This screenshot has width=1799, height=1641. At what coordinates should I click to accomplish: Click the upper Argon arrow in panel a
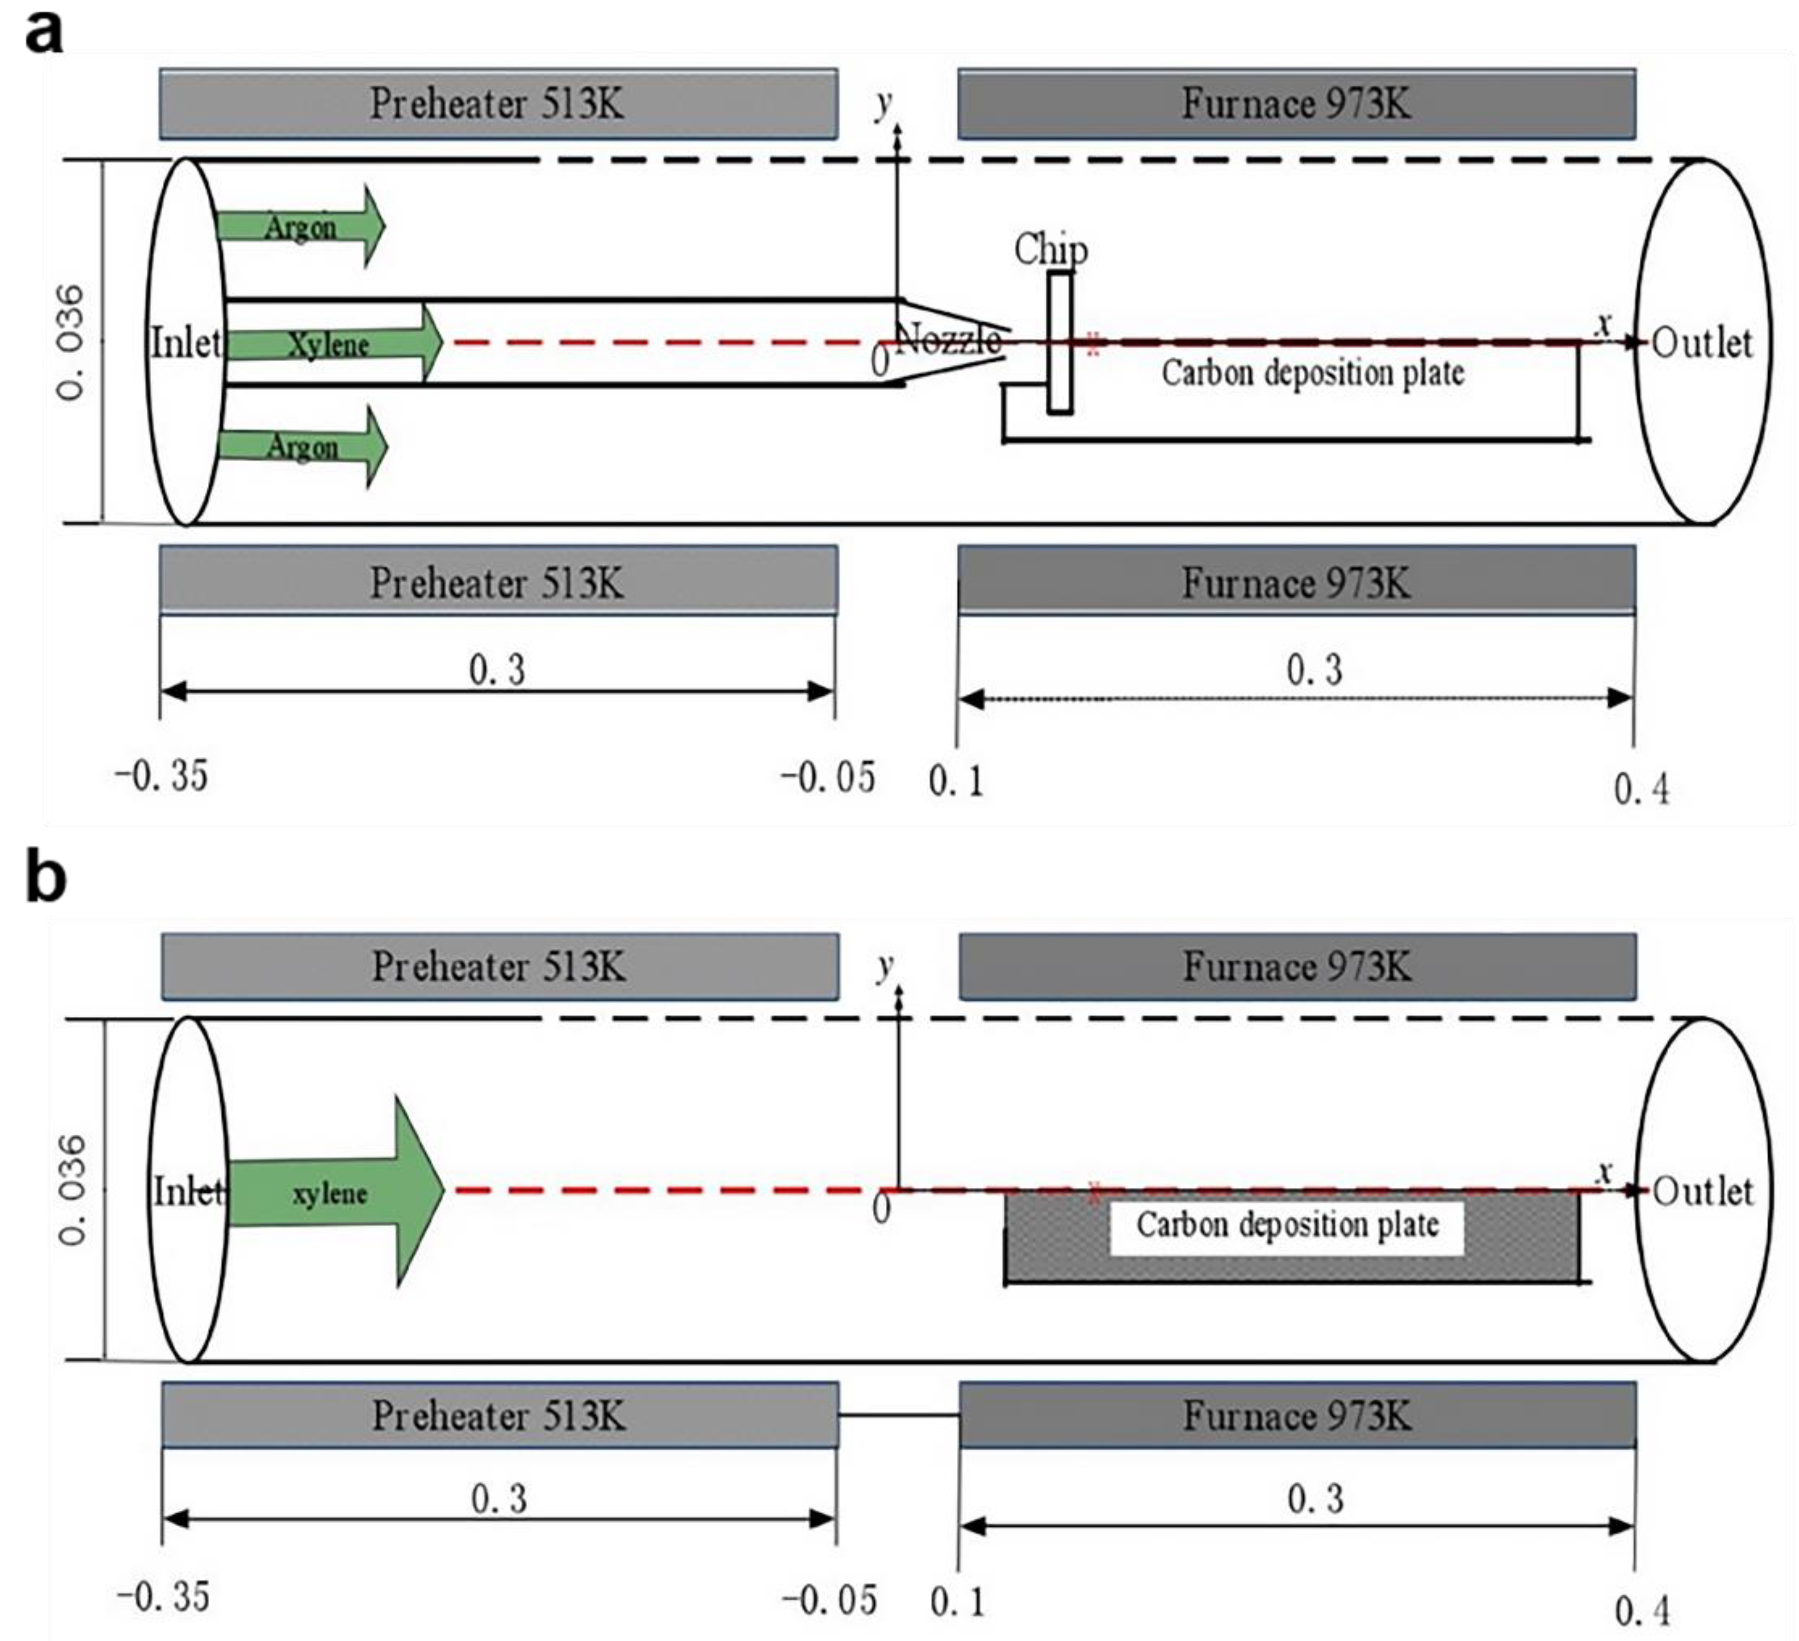(301, 227)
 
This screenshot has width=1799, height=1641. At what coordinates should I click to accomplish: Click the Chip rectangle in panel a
(1060, 343)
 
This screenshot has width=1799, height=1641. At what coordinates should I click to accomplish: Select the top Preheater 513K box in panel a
(499, 104)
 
